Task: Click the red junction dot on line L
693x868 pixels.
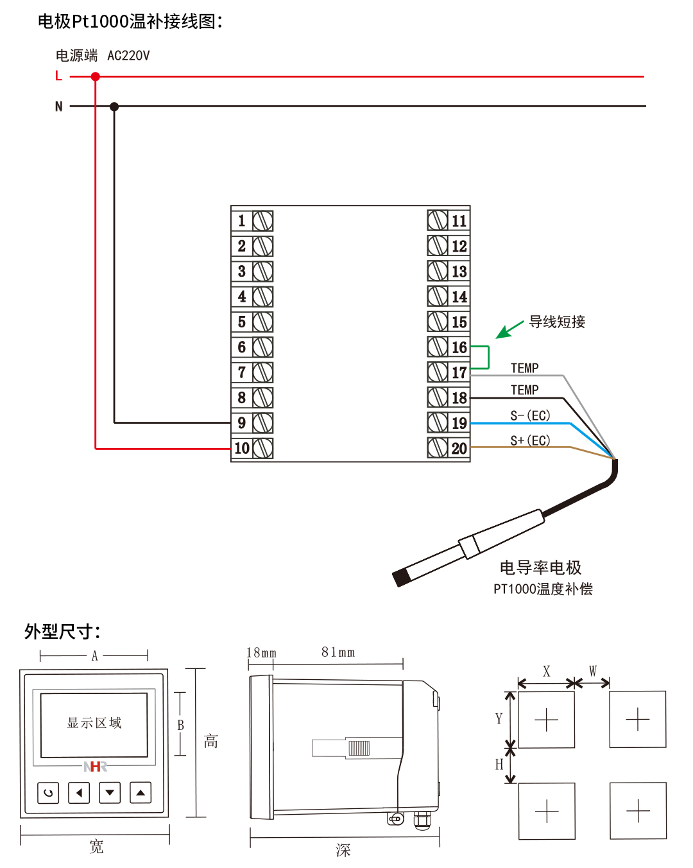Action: tap(96, 76)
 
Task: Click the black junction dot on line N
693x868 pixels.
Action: tap(114, 107)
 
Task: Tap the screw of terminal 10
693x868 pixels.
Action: tap(262, 448)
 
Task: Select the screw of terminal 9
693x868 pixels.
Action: tap(262, 423)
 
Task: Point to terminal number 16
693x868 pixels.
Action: tap(459, 347)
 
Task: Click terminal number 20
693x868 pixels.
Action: tap(459, 448)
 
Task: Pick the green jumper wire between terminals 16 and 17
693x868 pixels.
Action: tap(488, 358)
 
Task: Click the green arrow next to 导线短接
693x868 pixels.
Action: tap(509, 330)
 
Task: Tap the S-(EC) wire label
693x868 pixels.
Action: tap(530, 415)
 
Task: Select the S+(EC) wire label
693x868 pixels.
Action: tap(530, 440)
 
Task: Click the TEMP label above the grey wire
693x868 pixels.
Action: tap(524, 368)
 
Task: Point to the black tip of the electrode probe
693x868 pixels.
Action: tap(401, 578)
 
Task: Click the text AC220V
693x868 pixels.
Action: tap(128, 56)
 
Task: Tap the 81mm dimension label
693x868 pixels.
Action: tap(338, 652)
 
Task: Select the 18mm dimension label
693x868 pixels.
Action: tap(261, 653)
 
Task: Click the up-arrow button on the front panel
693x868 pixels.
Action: tap(141, 793)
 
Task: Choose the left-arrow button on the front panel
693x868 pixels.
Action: tap(79, 793)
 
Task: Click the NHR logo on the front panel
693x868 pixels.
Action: tap(95, 767)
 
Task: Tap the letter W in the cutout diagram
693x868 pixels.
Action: tap(593, 671)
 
